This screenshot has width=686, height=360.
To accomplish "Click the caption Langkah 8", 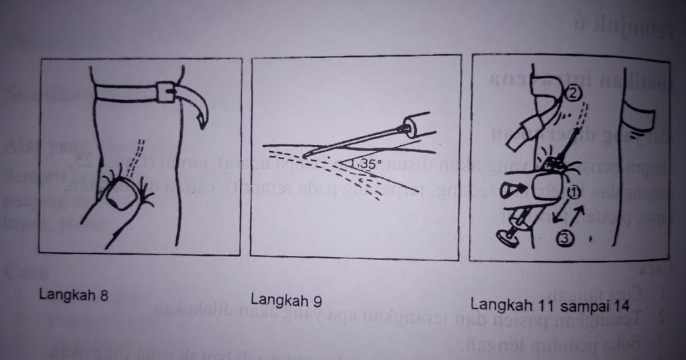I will (x=73, y=295).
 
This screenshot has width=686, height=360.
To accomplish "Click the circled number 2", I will (x=573, y=94).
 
